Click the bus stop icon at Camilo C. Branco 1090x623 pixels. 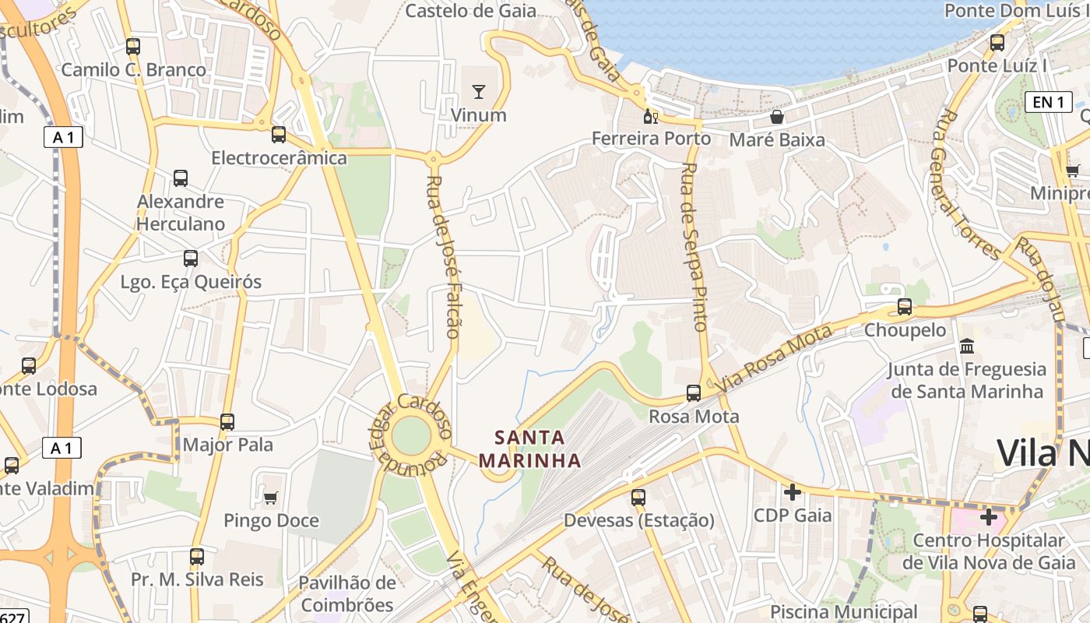coord(133,47)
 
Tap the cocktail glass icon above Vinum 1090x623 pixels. coord(479,92)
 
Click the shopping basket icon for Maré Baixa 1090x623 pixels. coord(776,117)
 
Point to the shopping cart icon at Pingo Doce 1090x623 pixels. coord(271,497)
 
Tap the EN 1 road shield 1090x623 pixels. coord(1049,101)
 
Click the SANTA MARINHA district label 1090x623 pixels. coord(529,449)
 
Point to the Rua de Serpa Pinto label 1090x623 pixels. coord(694,247)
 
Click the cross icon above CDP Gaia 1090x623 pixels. coord(792,491)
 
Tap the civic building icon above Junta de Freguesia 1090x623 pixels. coord(967,345)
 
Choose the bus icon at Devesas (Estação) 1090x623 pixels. coord(638,497)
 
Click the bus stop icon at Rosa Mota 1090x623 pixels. coord(694,393)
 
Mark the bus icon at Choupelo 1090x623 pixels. coord(904,307)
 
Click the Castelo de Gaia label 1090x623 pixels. coord(470,11)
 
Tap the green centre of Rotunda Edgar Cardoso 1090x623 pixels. coord(410,436)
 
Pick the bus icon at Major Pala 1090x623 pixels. coord(227,422)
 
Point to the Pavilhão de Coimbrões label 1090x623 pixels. coord(347,593)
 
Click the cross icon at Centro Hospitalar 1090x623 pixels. coord(988,516)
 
